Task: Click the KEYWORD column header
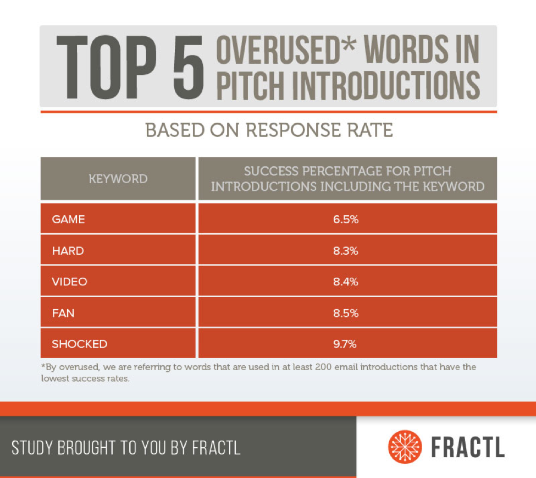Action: click(x=118, y=179)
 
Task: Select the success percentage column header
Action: click(x=347, y=179)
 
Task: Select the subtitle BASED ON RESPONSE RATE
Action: click(x=268, y=130)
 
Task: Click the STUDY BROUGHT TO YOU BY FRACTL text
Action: click(x=126, y=447)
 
